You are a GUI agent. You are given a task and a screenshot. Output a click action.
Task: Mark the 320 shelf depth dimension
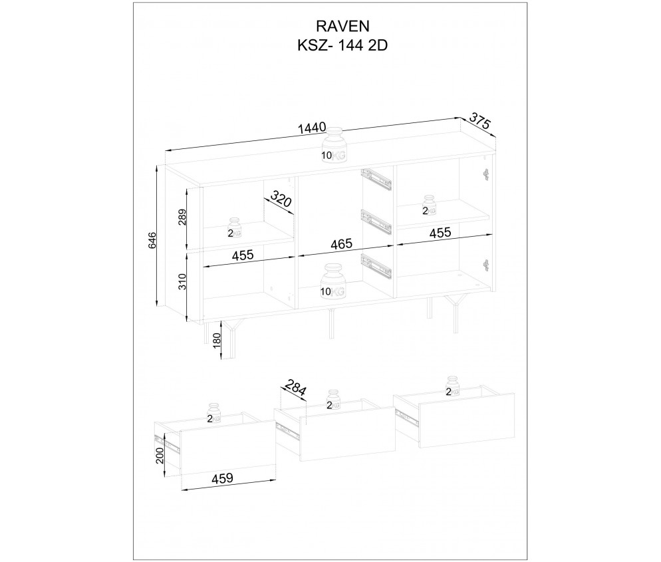[281, 201]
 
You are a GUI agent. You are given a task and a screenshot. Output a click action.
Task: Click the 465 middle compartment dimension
[341, 244]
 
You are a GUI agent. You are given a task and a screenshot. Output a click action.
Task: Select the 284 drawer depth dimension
[294, 388]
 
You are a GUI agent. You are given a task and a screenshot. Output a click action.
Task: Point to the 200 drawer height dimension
[160, 455]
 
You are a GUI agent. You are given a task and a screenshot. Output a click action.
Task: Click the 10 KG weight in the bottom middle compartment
[334, 281]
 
